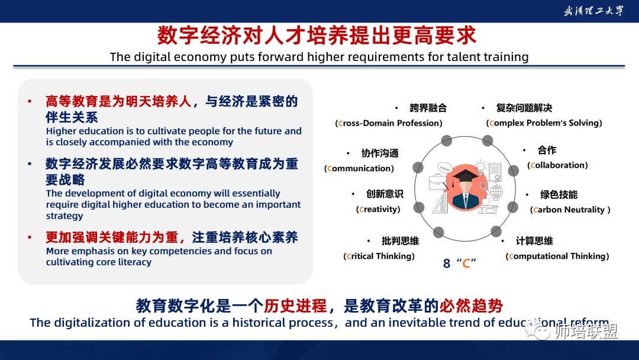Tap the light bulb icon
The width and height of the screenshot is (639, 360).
point(481,167)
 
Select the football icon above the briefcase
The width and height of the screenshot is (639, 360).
point(446,168)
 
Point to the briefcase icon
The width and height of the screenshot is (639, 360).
point(437,182)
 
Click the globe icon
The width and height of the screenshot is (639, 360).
point(496,192)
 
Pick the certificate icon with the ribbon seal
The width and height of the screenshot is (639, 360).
point(495,172)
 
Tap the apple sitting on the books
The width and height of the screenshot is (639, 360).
point(486,201)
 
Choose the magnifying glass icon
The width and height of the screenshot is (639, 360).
point(484,187)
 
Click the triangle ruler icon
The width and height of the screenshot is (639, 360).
point(440,203)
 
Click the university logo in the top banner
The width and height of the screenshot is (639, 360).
point(593,11)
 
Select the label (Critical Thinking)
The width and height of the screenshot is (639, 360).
point(379,256)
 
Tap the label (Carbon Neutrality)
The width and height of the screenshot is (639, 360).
point(570,210)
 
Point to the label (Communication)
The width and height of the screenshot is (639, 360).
point(359,168)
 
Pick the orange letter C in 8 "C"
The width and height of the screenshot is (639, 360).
point(466,263)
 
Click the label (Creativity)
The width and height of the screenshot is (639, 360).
point(378,209)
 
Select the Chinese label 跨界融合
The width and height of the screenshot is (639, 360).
point(428,108)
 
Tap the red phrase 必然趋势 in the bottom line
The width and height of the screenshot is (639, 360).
point(471,306)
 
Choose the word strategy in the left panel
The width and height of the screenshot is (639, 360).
point(64,216)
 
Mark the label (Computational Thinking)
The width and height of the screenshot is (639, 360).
point(557,256)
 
